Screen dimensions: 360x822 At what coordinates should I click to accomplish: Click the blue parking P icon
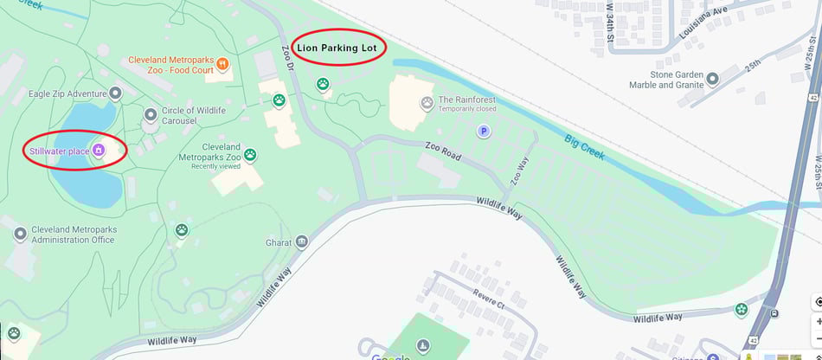click(485, 131)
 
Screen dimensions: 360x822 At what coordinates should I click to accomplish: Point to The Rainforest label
click(467, 100)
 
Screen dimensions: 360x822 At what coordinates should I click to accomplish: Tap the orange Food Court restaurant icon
click(222, 62)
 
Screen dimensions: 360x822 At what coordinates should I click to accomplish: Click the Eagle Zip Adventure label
click(67, 93)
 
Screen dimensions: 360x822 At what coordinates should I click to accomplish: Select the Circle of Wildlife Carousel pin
click(151, 113)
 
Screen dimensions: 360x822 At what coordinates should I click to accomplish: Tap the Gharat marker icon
click(302, 241)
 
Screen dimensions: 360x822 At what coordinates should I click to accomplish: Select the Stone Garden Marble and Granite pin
click(713, 79)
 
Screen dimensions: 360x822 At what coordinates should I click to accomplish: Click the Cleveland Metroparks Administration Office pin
click(20, 234)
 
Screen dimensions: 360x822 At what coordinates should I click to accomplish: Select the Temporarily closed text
click(467, 110)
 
